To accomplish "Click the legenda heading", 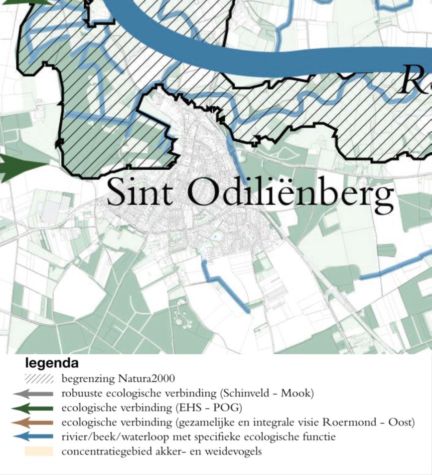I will coord(51,363).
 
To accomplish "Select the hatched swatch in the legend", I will coord(38,379).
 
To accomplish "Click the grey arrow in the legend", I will coord(33,394).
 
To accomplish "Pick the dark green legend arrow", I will coord(33,408).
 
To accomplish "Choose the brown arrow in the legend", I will coord(33,423).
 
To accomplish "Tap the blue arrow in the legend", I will coord(33,437).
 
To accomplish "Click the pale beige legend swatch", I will coord(38,452).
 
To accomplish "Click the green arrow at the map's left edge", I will coord(20,167).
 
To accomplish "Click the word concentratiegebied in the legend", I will coord(101,452).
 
